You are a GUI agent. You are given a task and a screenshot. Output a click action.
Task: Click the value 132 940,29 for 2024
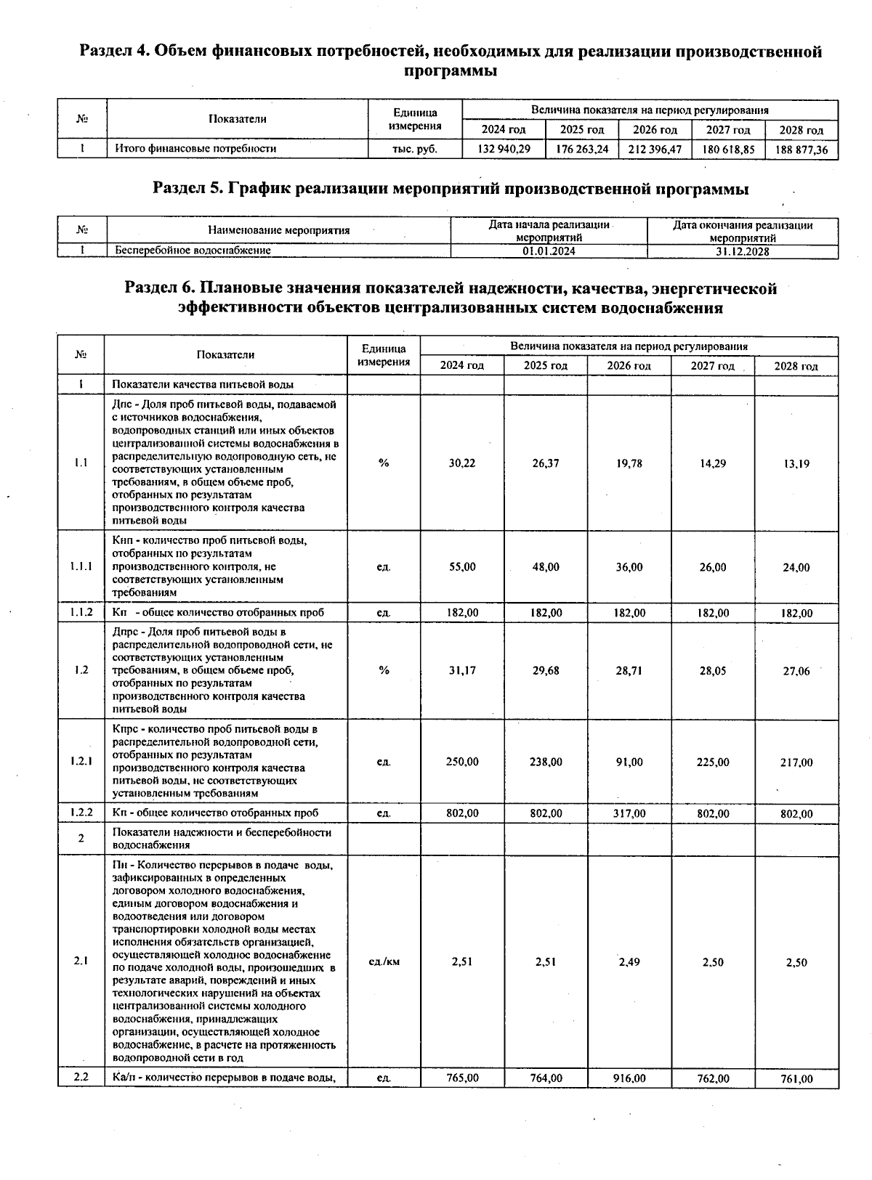click(x=504, y=149)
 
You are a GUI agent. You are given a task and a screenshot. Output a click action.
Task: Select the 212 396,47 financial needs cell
click(x=655, y=149)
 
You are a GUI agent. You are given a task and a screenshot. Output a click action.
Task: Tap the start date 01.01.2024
click(x=548, y=251)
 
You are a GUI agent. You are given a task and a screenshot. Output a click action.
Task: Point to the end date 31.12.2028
click(x=742, y=251)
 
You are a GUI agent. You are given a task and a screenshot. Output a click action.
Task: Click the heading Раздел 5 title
click(x=451, y=190)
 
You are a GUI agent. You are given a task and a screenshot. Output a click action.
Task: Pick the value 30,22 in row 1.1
click(x=462, y=463)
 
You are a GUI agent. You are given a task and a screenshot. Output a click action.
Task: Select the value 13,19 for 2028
click(x=796, y=463)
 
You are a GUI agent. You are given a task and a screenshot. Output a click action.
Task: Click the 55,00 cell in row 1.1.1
click(x=462, y=567)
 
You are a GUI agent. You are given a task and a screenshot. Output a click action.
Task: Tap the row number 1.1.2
click(x=81, y=613)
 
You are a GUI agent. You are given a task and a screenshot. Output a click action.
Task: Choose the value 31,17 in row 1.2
click(x=462, y=671)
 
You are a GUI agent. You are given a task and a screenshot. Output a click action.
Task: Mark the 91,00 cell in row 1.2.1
click(x=629, y=762)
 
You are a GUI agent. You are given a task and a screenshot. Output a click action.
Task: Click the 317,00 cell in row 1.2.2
click(x=629, y=814)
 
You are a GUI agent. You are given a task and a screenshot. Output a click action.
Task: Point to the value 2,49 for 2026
click(x=629, y=962)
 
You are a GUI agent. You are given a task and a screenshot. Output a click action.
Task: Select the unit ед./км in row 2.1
click(x=384, y=962)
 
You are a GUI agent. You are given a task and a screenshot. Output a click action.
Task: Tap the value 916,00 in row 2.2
click(x=629, y=1078)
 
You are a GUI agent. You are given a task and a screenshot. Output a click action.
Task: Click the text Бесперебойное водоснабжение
click(x=193, y=251)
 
